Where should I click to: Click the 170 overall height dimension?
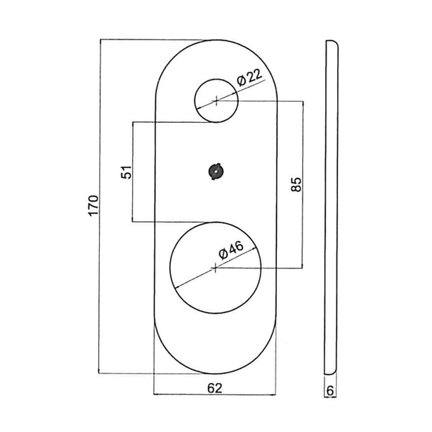90,206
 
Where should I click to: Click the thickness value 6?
330,391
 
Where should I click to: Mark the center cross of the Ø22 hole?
216,100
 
